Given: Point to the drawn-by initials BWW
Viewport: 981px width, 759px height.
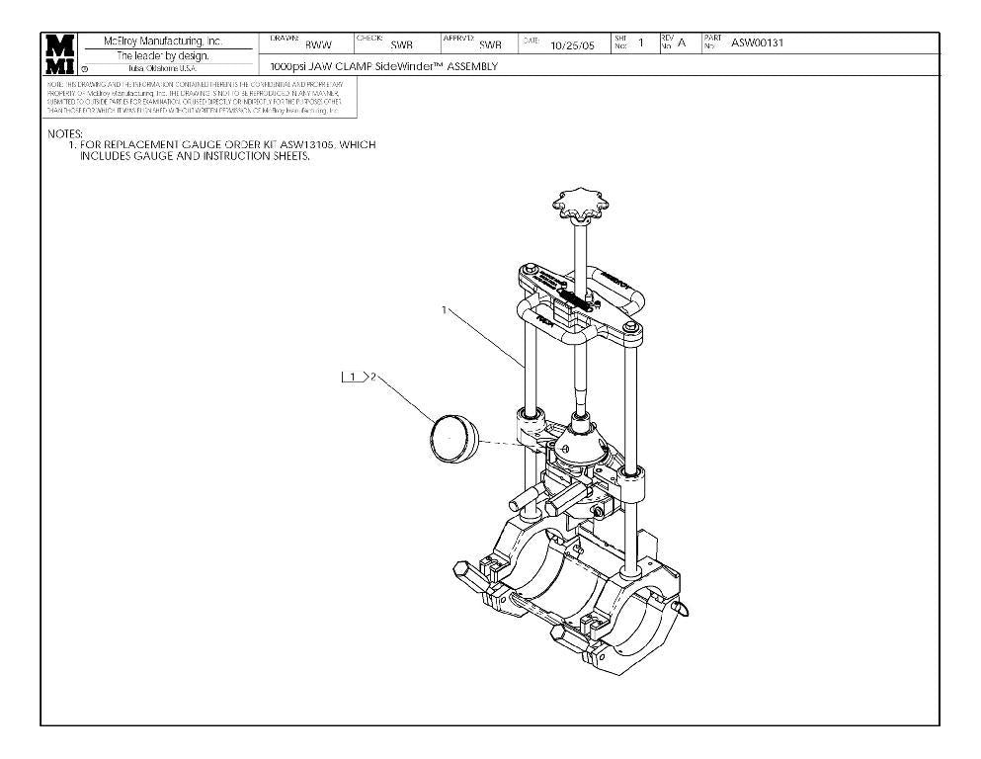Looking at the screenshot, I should click(x=317, y=44).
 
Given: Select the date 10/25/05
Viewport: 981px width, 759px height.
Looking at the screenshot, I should click(x=571, y=44).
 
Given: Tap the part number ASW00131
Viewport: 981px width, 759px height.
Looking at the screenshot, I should click(x=756, y=42).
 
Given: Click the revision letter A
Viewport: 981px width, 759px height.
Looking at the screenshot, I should click(x=681, y=42).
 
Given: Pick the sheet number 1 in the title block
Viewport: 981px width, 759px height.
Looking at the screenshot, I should click(x=641, y=42).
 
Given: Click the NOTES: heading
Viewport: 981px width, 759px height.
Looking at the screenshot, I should click(x=65, y=133).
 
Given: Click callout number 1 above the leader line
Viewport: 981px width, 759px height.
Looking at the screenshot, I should click(x=445, y=310).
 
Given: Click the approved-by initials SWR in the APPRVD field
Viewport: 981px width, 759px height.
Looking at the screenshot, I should click(x=489, y=44).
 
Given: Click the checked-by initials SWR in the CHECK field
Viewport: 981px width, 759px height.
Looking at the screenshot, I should click(x=401, y=44).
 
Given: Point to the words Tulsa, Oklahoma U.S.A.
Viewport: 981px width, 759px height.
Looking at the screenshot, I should click(x=163, y=67).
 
